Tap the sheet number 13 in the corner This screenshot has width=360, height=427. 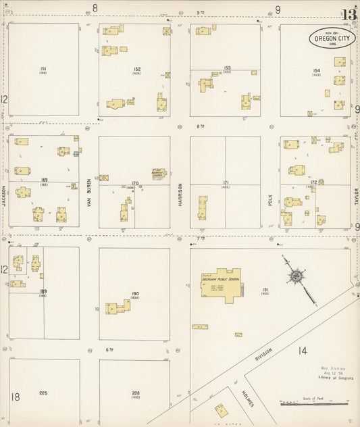[349, 14]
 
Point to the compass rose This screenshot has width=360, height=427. [295, 276]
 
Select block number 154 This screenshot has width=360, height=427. [316, 70]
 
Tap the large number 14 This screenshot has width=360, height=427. [301, 351]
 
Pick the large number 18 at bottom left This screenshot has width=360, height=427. [16, 397]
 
